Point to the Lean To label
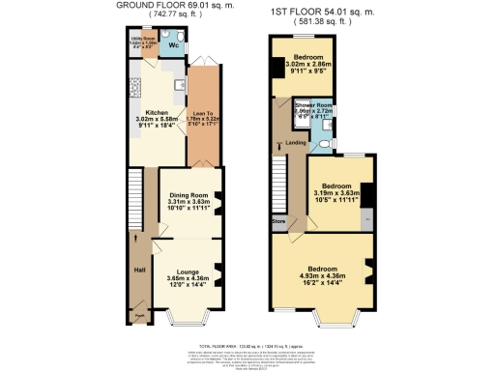[x=203, y=115]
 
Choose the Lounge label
[x=188, y=271]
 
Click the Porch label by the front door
[x=139, y=314]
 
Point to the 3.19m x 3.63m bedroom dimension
[x=335, y=193]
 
